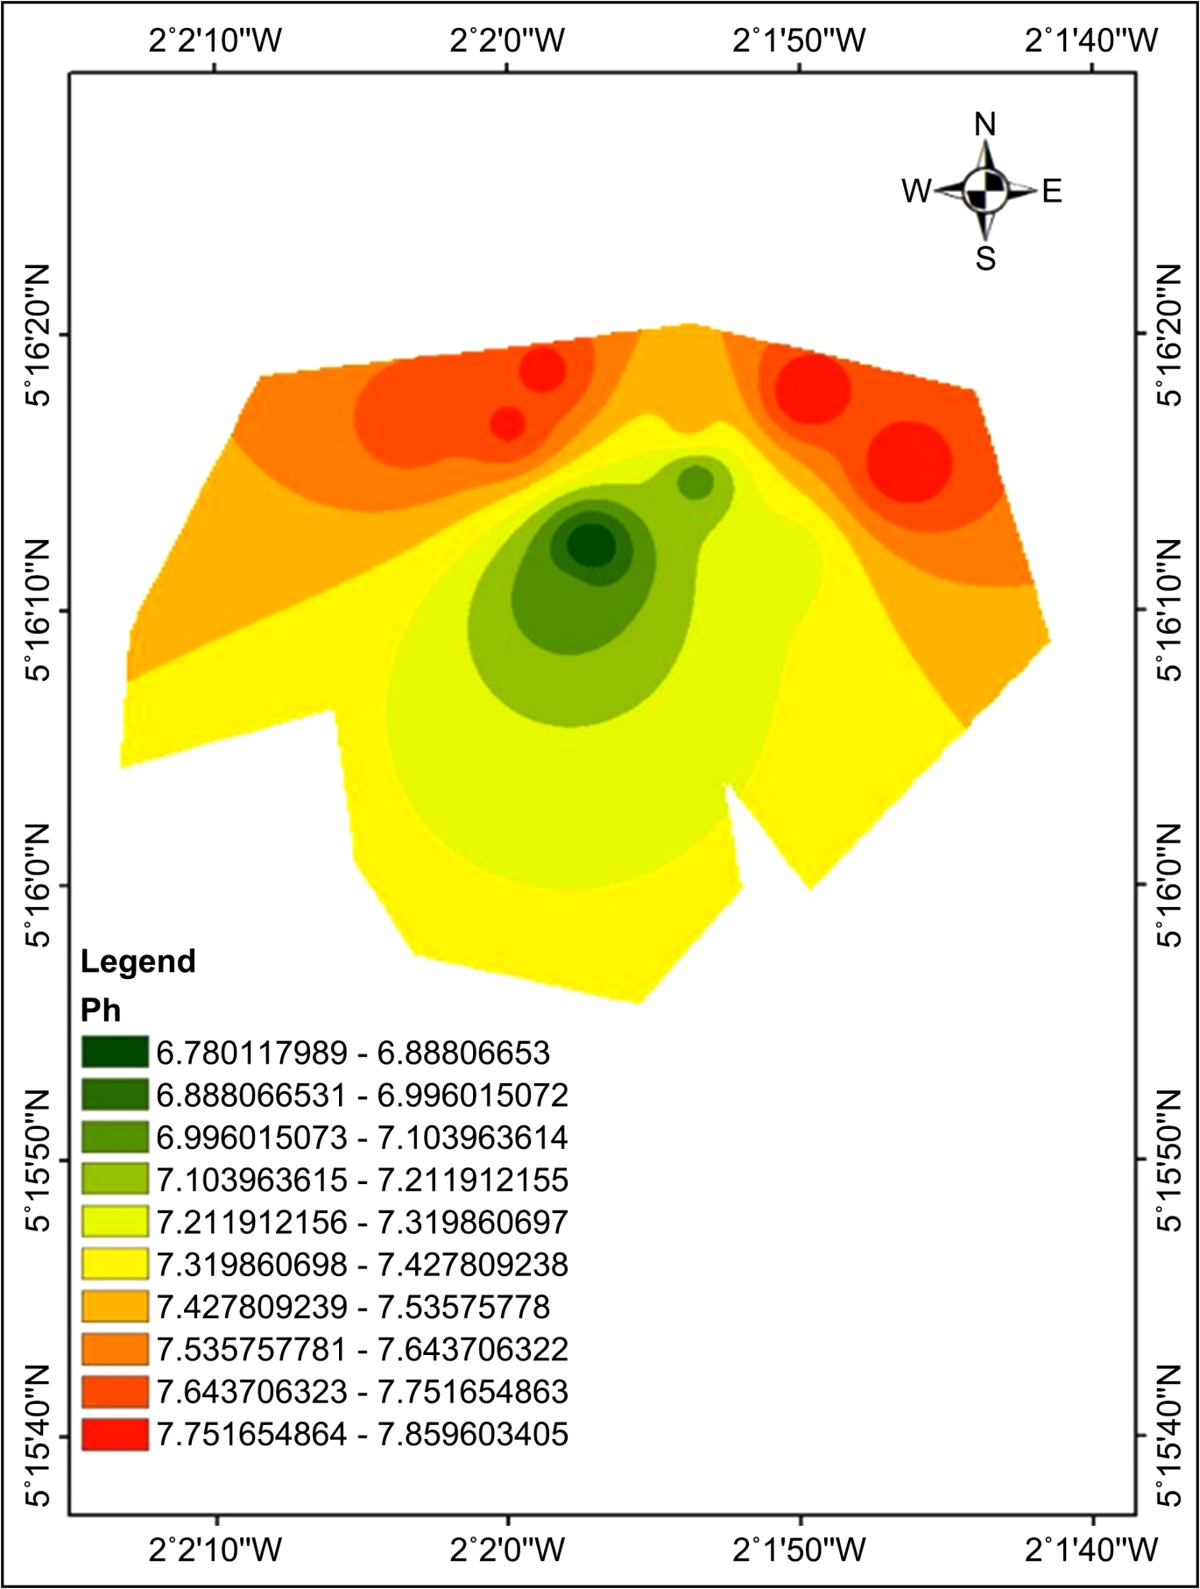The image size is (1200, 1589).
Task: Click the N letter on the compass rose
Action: (985, 125)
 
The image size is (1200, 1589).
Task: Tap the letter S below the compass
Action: (985, 259)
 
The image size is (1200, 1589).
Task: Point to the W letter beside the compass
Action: (917, 190)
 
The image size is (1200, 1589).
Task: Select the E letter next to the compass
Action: (1052, 190)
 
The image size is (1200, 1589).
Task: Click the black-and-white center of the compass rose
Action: (985, 190)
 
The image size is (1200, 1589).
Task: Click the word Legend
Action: (138, 961)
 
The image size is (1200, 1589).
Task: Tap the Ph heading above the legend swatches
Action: (101, 1011)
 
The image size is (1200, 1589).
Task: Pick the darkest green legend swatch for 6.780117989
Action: (115, 1052)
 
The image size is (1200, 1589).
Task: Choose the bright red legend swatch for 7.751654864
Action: (115, 1434)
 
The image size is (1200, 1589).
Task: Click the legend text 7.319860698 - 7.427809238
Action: (363, 1264)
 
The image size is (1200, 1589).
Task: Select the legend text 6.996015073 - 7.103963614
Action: (363, 1137)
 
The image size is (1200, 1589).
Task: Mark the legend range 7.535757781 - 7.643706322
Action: (363, 1349)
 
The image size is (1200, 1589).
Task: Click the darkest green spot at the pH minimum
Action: (591, 545)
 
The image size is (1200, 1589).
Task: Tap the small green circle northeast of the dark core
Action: (695, 482)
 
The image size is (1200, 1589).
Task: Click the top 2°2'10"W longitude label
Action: (215, 39)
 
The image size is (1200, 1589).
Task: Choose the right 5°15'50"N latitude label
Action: (1169, 1160)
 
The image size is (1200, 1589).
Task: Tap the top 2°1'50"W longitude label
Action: (799, 39)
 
